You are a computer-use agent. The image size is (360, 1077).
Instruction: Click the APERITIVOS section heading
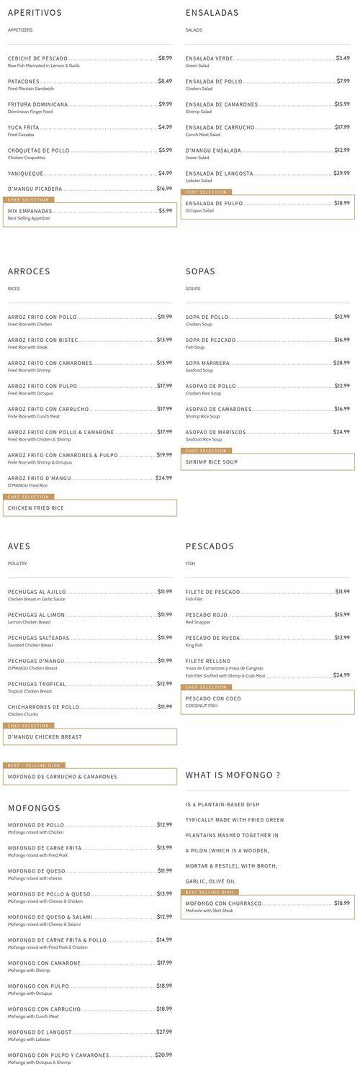click(35, 13)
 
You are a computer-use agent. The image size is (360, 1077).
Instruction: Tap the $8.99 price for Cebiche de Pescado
click(165, 58)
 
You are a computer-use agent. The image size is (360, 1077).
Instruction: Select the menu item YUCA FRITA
click(24, 127)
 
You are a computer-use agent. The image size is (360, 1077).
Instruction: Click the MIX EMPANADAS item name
click(30, 211)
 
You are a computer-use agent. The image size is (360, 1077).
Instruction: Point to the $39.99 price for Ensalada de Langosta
click(341, 174)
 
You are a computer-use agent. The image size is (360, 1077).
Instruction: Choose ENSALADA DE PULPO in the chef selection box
click(214, 204)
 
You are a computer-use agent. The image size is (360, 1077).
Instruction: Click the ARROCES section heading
click(29, 271)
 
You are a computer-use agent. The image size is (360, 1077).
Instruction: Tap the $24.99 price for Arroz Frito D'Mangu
click(163, 478)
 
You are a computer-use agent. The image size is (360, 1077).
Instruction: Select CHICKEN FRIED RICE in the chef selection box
click(36, 508)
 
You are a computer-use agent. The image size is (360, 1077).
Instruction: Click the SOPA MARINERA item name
click(207, 364)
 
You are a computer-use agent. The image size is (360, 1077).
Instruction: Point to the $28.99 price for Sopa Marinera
click(341, 363)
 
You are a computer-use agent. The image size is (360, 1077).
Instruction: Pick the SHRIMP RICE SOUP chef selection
click(211, 462)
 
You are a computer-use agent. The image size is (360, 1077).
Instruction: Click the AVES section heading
click(19, 546)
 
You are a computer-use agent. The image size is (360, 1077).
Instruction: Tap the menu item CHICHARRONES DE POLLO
click(43, 707)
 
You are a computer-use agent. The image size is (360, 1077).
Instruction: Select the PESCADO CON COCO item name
click(213, 698)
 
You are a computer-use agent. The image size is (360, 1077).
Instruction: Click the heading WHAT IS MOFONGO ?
click(233, 775)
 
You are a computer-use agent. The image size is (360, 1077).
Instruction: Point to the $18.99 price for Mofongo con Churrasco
click(341, 903)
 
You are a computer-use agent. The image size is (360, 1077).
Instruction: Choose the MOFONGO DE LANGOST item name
click(40, 1032)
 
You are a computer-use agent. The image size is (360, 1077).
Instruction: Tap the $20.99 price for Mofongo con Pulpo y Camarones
click(163, 1055)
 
